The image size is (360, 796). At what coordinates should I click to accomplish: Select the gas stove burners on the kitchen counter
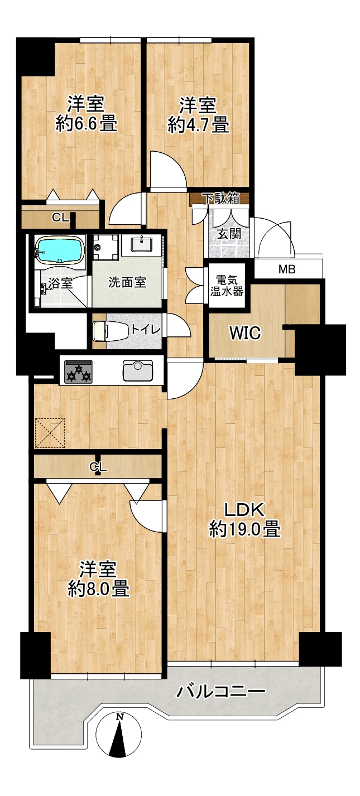point(78,372)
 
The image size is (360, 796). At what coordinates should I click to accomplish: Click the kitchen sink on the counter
point(137,370)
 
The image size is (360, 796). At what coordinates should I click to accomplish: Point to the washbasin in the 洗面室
point(142,245)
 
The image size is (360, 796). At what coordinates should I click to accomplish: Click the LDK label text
point(244,510)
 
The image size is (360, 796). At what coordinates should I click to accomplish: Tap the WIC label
point(245,332)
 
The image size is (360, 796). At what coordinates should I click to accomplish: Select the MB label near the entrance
point(287,269)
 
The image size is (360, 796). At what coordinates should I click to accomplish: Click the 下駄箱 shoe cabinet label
point(220,198)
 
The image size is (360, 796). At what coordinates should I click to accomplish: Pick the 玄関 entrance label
point(229,234)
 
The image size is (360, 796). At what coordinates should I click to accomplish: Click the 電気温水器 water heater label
point(227,286)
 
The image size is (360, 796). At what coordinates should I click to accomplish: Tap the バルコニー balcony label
point(221,691)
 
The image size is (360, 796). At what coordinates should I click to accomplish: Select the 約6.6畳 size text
point(87,123)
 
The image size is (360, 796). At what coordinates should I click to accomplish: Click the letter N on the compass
point(120,717)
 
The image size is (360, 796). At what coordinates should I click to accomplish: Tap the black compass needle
point(118,742)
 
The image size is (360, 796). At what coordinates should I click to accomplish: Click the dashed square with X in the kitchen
point(50,433)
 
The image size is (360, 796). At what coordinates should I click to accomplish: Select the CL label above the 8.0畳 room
point(98,467)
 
